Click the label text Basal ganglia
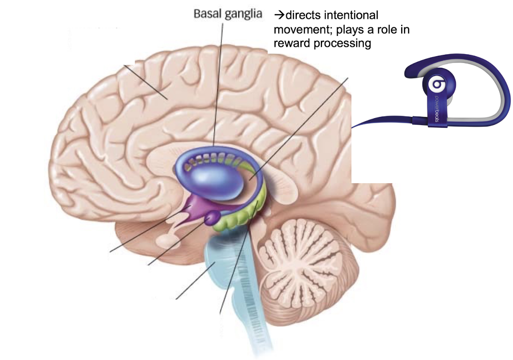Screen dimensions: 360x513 228,14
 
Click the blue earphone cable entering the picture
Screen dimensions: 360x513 377,119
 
